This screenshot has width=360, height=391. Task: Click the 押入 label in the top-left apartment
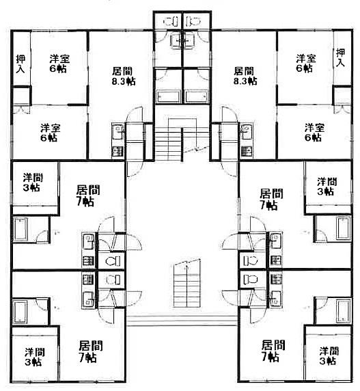(x=20, y=64)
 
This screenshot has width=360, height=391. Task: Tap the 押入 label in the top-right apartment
(x=341, y=57)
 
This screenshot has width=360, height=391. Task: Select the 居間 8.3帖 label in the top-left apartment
(x=124, y=76)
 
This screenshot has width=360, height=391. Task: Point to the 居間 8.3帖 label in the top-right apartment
(x=245, y=76)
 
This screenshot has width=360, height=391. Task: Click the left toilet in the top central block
(x=171, y=21)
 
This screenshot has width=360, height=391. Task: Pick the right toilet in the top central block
(x=193, y=21)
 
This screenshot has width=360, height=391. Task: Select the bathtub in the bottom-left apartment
(x=20, y=312)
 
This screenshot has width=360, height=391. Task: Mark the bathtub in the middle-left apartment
(x=20, y=230)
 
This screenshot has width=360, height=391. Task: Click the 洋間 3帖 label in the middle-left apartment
(x=33, y=183)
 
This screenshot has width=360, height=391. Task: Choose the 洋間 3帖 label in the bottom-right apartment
(x=329, y=356)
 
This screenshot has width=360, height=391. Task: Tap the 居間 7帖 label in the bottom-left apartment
(x=90, y=351)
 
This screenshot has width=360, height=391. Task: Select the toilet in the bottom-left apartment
(x=113, y=280)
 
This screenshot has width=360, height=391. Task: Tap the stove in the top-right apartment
(x=247, y=151)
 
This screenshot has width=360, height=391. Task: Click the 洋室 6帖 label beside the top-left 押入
(x=59, y=64)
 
